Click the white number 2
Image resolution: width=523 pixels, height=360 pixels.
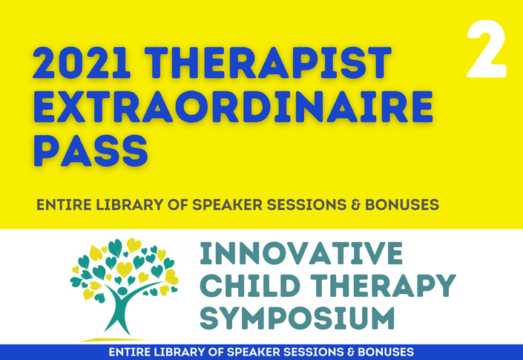pos(487,49)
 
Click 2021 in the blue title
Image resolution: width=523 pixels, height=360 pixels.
pos(82,62)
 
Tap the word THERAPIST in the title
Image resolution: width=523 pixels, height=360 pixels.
pos(268,62)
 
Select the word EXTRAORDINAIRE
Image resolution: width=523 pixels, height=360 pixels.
pos(233,106)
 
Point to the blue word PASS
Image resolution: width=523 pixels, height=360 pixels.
pos(91,151)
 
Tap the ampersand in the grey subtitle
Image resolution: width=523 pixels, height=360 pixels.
pos(355,205)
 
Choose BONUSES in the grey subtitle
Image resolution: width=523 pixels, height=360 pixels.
pos(402,205)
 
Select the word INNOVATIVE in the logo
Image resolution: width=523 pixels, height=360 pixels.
pos(301,253)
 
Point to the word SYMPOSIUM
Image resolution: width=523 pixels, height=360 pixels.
pos(297,318)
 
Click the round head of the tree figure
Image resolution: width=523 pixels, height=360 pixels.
pos(122,291)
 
